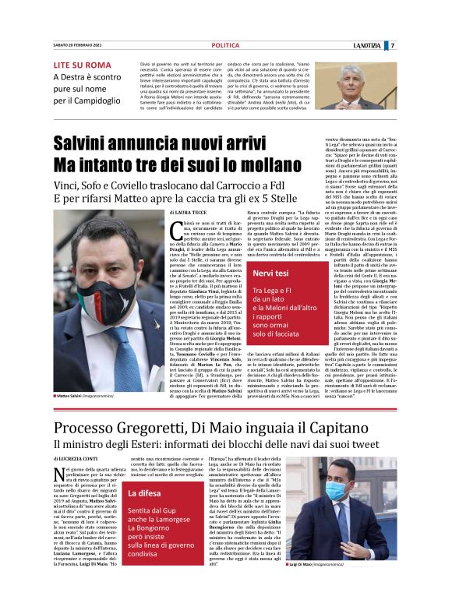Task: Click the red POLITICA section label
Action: (x=225, y=46)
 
